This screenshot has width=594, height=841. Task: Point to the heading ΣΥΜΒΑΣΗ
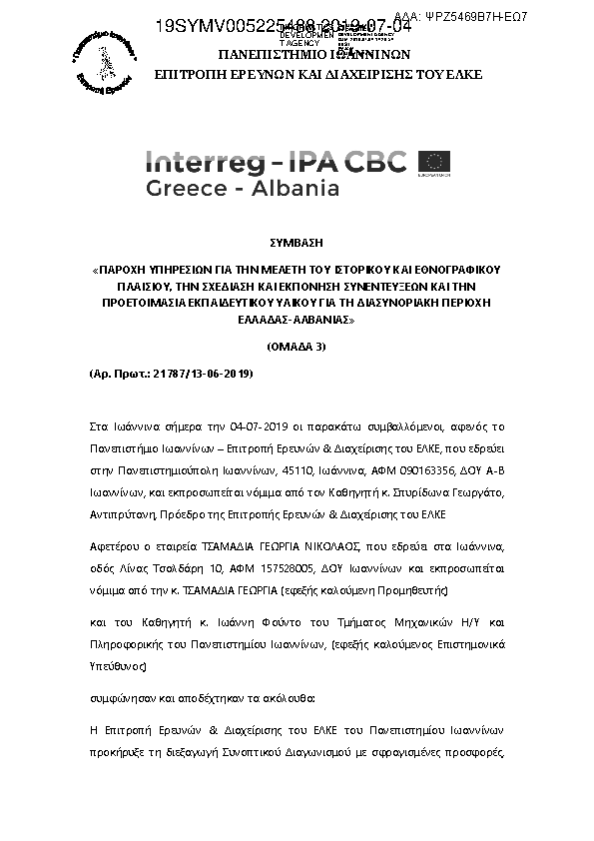pyautogui.click(x=296, y=243)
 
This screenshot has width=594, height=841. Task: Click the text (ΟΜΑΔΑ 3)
pyautogui.click(x=297, y=346)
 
